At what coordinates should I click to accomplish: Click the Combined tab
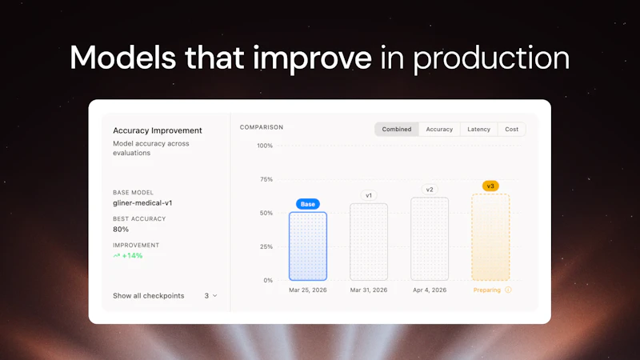tap(397, 129)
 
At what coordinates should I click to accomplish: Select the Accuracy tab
tap(439, 129)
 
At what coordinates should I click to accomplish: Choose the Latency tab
tap(478, 129)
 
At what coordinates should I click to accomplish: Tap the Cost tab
tap(511, 129)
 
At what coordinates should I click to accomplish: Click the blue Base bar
tap(307, 246)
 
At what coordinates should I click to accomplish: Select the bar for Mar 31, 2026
tap(369, 242)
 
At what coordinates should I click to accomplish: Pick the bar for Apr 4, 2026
tap(430, 239)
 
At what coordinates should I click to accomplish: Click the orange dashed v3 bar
tap(490, 238)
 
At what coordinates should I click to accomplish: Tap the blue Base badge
tap(307, 204)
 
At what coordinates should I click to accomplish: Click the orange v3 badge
tap(490, 186)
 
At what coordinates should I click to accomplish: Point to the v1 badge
tap(369, 195)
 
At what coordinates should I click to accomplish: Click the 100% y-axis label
tap(264, 146)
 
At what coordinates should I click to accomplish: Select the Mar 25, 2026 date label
tap(307, 290)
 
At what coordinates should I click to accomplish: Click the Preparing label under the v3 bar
tap(487, 290)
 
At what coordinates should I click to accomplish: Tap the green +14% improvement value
tap(132, 256)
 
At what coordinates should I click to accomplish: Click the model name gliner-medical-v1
tap(142, 203)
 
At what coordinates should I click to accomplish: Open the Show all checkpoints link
tap(149, 296)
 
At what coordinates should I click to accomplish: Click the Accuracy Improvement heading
tap(158, 130)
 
